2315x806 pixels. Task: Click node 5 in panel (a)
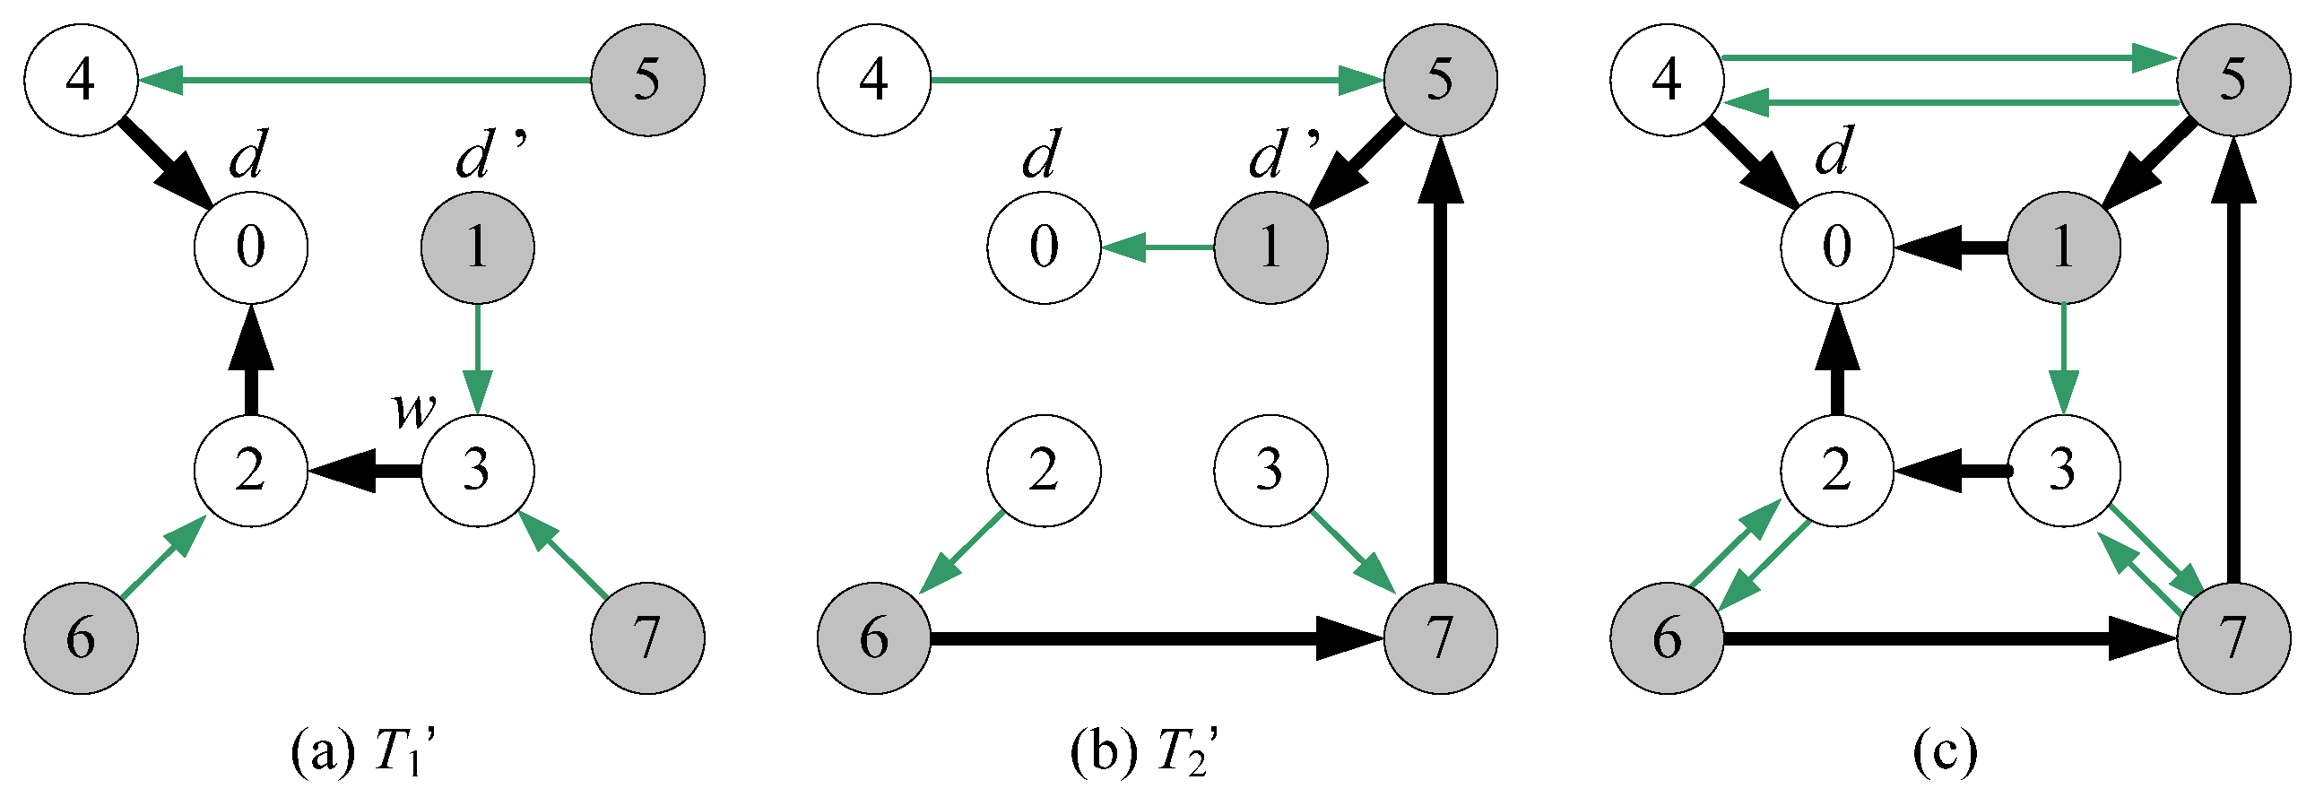(x=647, y=80)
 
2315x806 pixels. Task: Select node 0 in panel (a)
(x=251, y=247)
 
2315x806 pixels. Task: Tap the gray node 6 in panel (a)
(x=81, y=638)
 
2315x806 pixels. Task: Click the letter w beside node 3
(x=414, y=411)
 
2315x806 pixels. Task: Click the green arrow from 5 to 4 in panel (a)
(x=364, y=80)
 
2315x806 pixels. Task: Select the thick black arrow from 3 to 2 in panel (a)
(x=364, y=470)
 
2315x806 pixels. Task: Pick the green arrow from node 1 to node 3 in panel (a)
(x=477, y=360)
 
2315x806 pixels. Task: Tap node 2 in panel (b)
(x=1044, y=470)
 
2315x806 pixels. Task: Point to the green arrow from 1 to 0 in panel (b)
(x=1157, y=247)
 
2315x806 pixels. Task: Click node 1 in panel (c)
(x=2063, y=247)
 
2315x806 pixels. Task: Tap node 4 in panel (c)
(x=1667, y=80)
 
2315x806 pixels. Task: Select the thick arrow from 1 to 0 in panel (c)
(x=1950, y=247)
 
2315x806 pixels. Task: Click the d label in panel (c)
(x=1834, y=152)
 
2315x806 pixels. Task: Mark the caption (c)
(x=1945, y=750)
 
